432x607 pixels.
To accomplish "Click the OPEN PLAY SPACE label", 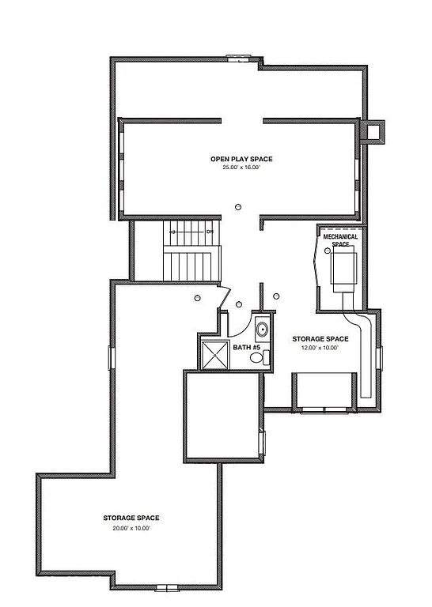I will click(235, 159).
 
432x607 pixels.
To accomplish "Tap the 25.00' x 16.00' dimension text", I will click(235, 168).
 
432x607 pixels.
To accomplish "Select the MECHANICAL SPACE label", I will click(340, 239).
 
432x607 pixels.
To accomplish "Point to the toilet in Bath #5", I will click(257, 357).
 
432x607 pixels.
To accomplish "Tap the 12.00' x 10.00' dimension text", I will click(319, 348).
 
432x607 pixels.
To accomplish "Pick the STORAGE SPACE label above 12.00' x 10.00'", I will click(319, 339).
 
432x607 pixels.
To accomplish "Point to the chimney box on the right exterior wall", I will click(372, 131).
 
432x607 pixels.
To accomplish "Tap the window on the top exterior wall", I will click(239, 58).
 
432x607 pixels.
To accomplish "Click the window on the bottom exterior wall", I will click(167, 586).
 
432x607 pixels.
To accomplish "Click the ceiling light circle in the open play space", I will click(238, 207).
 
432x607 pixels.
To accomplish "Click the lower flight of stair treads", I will click(191, 264).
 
